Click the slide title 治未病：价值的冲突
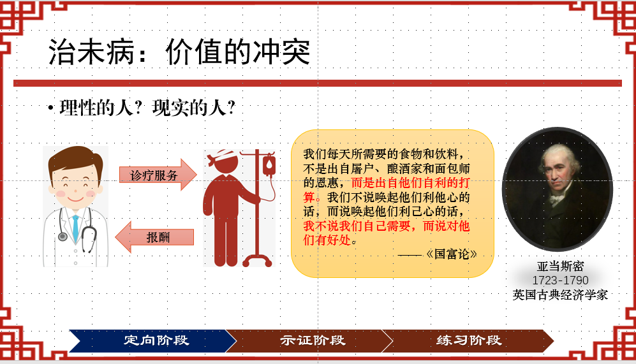pyautogui.click(x=179, y=52)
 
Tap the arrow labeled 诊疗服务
pyautogui.click(x=158, y=175)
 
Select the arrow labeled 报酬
pyautogui.click(x=154, y=237)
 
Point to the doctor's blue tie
pyautogui.click(x=75, y=229)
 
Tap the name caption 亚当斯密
pyautogui.click(x=560, y=266)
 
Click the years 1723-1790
pyautogui.click(x=560, y=280)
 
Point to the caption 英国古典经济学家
pyautogui.click(x=560, y=295)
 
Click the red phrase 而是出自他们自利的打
pyautogui.click(x=410, y=182)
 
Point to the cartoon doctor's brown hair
pyautogui.click(x=75, y=161)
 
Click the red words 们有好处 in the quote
pyautogui.click(x=327, y=240)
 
